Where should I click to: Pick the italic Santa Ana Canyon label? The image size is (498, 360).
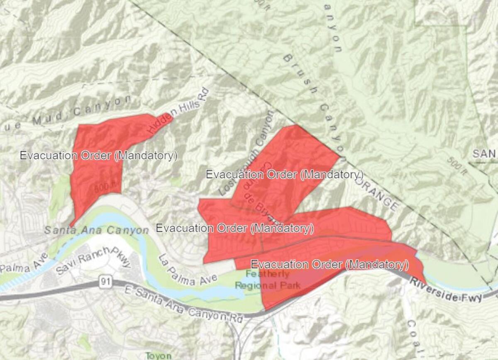96,230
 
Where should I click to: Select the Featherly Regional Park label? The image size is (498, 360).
267,280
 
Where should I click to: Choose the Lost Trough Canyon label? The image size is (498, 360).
247,153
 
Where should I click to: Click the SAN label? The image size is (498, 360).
484,154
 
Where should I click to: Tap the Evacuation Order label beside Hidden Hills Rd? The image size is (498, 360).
99,156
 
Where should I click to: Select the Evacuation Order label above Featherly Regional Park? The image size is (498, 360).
330,264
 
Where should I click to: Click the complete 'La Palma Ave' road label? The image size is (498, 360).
187,271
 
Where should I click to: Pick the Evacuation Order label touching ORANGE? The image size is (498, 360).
285,174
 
